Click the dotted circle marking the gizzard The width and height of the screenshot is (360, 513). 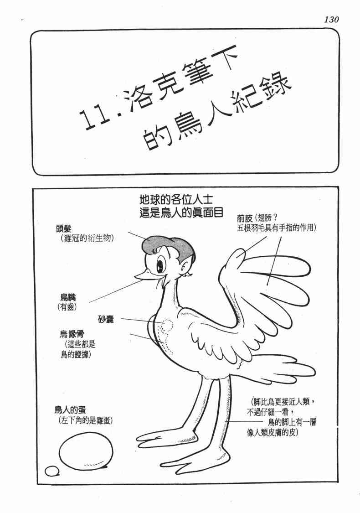click(x=168, y=325)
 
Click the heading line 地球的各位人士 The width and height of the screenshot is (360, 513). click(x=175, y=199)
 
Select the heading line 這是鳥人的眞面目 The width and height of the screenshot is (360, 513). click(x=175, y=212)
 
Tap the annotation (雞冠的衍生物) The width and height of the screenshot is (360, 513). click(x=87, y=238)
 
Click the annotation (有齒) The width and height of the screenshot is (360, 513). click(x=67, y=307)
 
